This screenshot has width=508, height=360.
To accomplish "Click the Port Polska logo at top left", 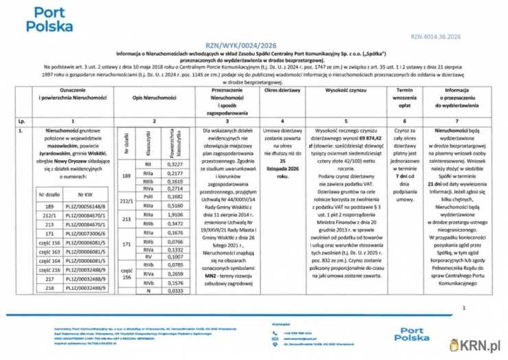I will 49,21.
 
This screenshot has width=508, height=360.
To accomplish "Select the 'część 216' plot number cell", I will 49,270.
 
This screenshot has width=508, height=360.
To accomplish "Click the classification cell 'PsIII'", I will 148,196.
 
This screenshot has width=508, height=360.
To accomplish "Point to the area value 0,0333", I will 176,291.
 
